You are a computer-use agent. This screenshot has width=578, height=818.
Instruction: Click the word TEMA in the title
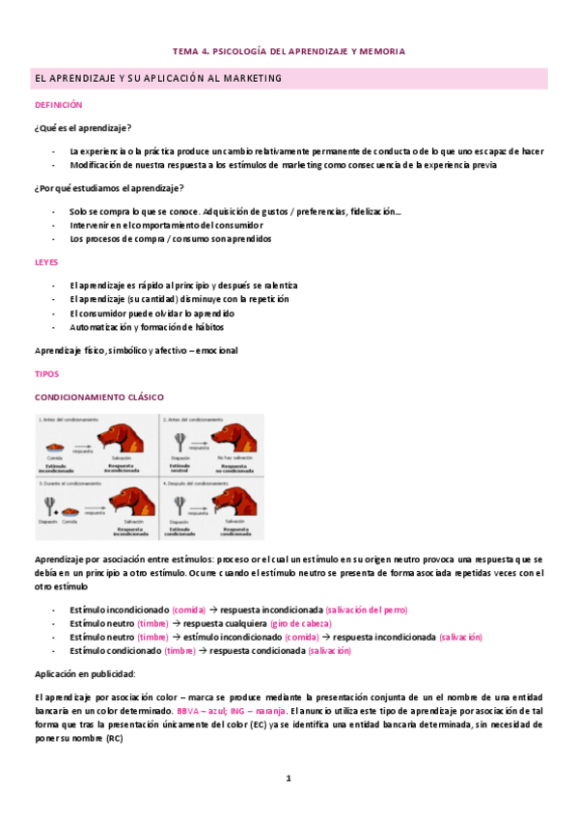point(184,51)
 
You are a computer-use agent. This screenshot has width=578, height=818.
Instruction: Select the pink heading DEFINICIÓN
point(59,104)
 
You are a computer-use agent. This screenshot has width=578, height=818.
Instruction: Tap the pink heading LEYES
point(46,261)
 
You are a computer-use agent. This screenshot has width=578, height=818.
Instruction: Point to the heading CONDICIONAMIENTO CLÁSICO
point(99,396)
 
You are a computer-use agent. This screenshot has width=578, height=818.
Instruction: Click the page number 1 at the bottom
point(289,777)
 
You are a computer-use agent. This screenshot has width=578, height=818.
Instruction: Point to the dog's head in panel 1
point(126,436)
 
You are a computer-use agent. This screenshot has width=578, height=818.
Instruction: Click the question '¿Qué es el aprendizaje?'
point(83,128)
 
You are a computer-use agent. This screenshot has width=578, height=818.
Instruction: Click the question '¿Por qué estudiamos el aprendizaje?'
point(108,187)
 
